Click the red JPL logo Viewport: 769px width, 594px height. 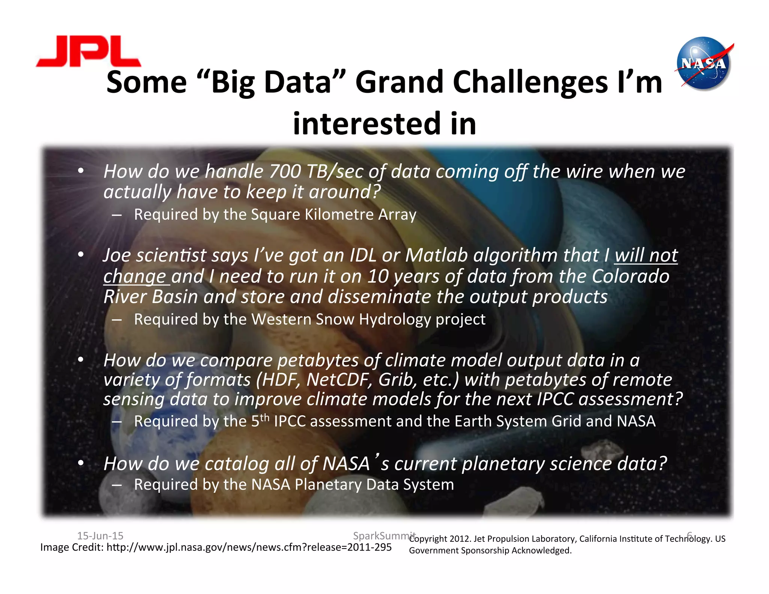(89, 51)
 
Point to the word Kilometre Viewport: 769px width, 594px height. (339, 215)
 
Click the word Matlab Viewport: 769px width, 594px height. (437, 255)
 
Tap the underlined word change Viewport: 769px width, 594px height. (135, 277)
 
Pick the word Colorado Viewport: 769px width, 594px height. (630, 276)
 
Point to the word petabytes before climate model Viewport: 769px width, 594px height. (318, 361)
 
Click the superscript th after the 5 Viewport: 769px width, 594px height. (265, 418)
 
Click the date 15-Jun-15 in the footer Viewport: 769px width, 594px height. (100, 536)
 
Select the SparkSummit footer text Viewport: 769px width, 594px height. (384, 535)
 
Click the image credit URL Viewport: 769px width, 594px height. (249, 547)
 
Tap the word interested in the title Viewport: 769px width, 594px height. (365, 124)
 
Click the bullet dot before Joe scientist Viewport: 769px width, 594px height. (80, 255)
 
